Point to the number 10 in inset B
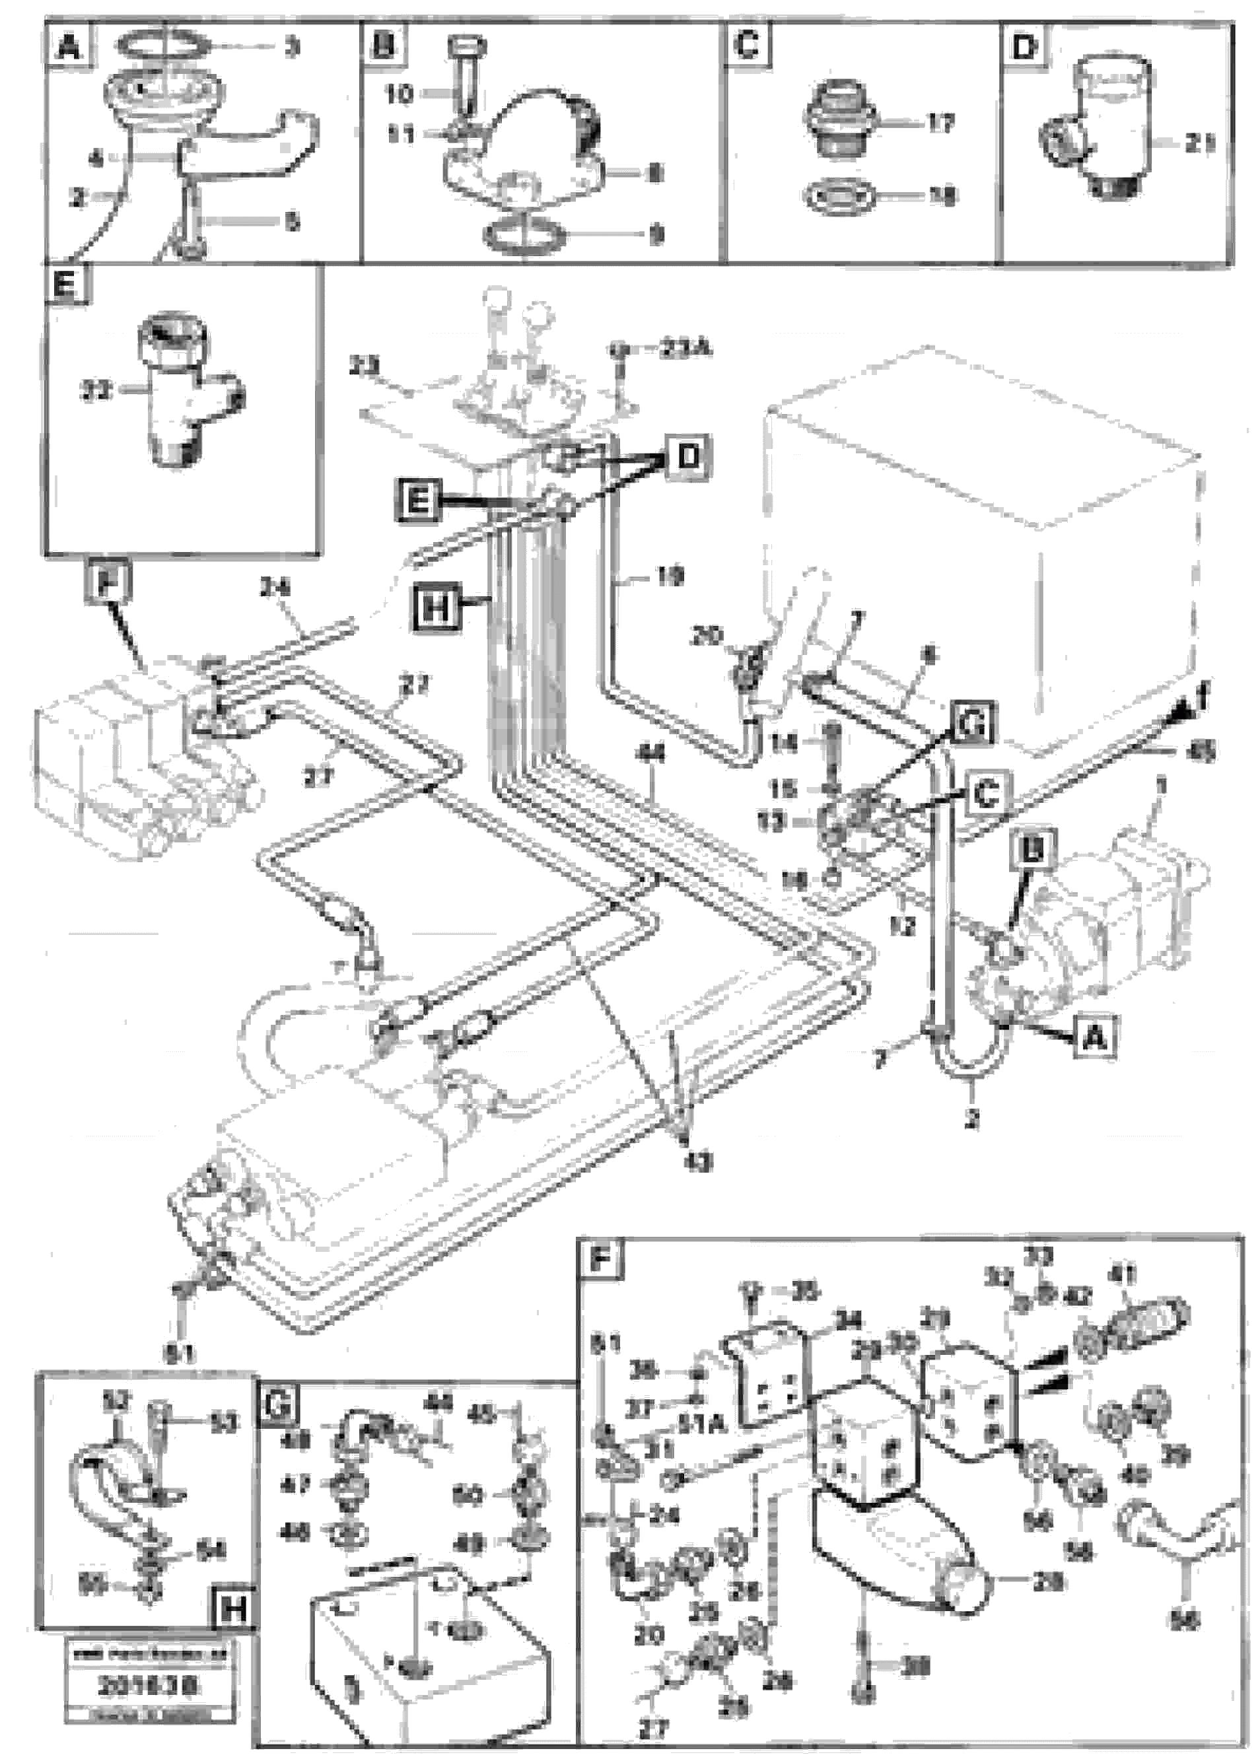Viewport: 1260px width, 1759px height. [x=400, y=94]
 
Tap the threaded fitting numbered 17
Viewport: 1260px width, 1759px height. [x=841, y=121]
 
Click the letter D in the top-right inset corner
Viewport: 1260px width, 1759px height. [x=1024, y=48]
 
